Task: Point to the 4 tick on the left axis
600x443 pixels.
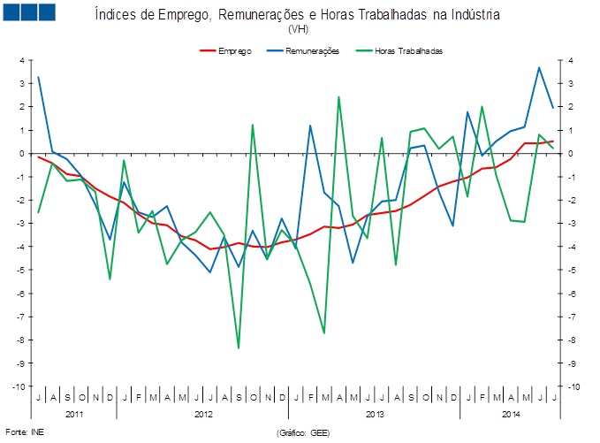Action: coord(21,60)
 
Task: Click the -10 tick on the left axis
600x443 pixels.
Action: coord(18,386)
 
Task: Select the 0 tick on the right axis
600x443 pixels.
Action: coord(572,153)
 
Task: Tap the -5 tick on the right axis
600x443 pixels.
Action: coord(574,270)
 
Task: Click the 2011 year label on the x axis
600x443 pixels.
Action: coord(73,414)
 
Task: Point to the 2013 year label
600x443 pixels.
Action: coord(375,414)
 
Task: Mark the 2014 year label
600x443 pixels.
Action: coord(511,414)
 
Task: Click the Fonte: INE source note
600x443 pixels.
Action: coord(24,432)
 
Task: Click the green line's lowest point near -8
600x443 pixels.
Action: coord(239,348)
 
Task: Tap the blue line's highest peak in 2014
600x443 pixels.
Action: coord(539,67)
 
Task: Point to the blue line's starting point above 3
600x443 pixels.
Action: coord(39,77)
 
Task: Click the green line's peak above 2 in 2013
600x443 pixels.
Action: coord(338,96)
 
